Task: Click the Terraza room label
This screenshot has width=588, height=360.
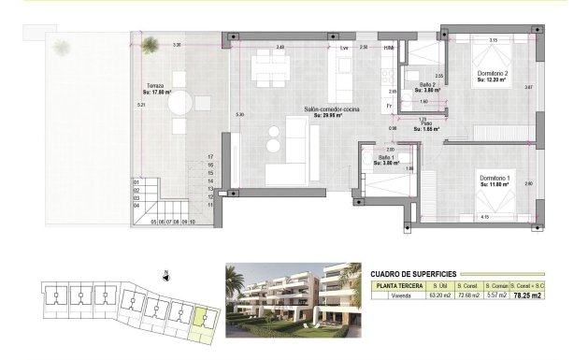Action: click(155, 85)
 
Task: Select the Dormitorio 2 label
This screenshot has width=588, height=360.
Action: click(492, 73)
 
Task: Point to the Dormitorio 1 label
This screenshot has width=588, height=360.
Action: click(495, 178)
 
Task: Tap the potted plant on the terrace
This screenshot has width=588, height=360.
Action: click(150, 42)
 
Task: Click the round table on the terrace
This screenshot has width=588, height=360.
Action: click(182, 101)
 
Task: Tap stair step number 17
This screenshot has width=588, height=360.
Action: click(211, 157)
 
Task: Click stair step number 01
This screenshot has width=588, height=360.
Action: click(136, 182)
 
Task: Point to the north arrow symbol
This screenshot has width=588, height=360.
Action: click(165, 276)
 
